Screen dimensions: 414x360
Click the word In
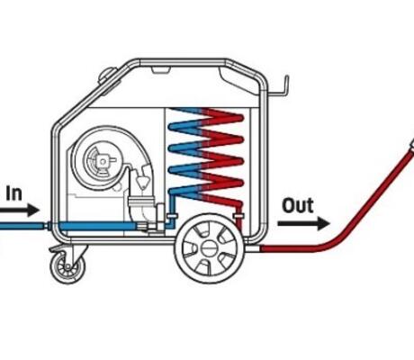(x=13, y=193)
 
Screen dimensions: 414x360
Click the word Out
(x=298, y=205)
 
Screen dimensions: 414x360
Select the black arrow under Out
(x=304, y=223)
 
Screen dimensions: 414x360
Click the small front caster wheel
(x=67, y=267)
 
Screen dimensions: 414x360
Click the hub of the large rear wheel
(x=209, y=248)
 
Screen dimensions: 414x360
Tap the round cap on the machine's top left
(x=108, y=75)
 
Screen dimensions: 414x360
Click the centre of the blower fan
(x=103, y=162)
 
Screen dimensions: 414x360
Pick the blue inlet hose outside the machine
(x=22, y=226)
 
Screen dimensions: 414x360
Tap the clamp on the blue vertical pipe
(x=173, y=215)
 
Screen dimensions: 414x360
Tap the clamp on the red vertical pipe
(x=239, y=215)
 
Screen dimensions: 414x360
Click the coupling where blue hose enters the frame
(x=48, y=226)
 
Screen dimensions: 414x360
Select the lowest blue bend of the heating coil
(x=173, y=192)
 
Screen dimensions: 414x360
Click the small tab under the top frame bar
(x=161, y=70)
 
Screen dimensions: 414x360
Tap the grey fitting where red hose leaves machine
(x=254, y=248)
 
